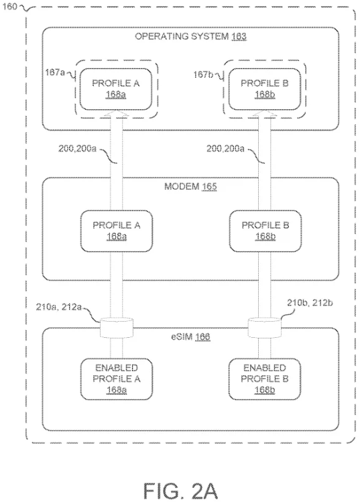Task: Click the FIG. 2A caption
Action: click(x=180, y=491)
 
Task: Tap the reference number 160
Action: click(x=9, y=6)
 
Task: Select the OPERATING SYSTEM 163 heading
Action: click(x=190, y=36)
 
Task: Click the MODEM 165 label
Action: click(x=190, y=186)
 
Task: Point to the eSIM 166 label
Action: click(x=190, y=336)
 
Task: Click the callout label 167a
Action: click(x=55, y=72)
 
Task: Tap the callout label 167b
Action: click(x=203, y=74)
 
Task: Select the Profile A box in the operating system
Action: click(x=115, y=89)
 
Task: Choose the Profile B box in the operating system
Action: click(x=265, y=89)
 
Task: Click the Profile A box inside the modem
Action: click(x=116, y=231)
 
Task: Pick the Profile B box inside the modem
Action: click(x=265, y=231)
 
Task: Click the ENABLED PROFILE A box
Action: click(x=116, y=379)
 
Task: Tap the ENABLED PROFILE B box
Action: click(x=265, y=379)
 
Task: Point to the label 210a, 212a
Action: click(x=59, y=307)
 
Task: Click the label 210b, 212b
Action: click(x=310, y=303)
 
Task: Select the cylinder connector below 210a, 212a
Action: click(x=116, y=328)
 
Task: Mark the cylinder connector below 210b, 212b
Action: click(x=265, y=328)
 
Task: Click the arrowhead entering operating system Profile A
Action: click(x=116, y=113)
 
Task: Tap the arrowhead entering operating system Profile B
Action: click(x=265, y=113)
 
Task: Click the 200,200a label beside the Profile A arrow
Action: click(x=77, y=149)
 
